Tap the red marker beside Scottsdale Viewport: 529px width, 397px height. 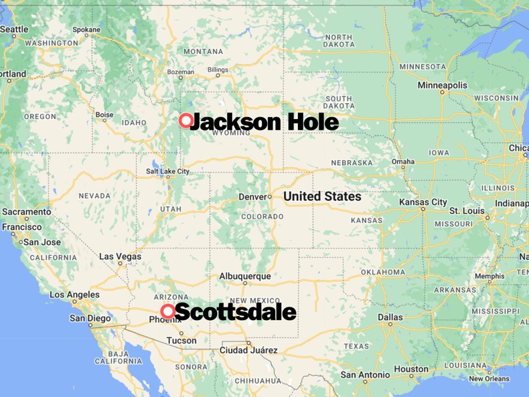tap(168, 311)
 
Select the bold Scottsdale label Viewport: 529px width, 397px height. tap(235, 312)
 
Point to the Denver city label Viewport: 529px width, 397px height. tap(252, 197)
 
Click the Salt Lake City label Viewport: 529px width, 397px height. tap(167, 171)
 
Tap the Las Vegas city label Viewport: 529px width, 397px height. tap(120, 256)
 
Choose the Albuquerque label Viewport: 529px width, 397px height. tap(245, 276)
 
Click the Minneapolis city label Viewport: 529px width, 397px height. tap(442, 86)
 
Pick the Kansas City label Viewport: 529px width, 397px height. tap(423, 202)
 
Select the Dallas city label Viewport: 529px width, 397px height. tap(390, 317)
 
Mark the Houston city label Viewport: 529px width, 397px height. tap(411, 369)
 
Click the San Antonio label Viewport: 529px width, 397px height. tap(365, 375)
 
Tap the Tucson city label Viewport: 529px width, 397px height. tap(181, 340)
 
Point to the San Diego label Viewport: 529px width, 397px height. tap(90, 318)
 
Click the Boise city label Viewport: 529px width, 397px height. tap(104, 114)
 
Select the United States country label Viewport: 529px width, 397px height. tap(322, 196)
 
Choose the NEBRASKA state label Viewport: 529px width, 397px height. tap(351, 163)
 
